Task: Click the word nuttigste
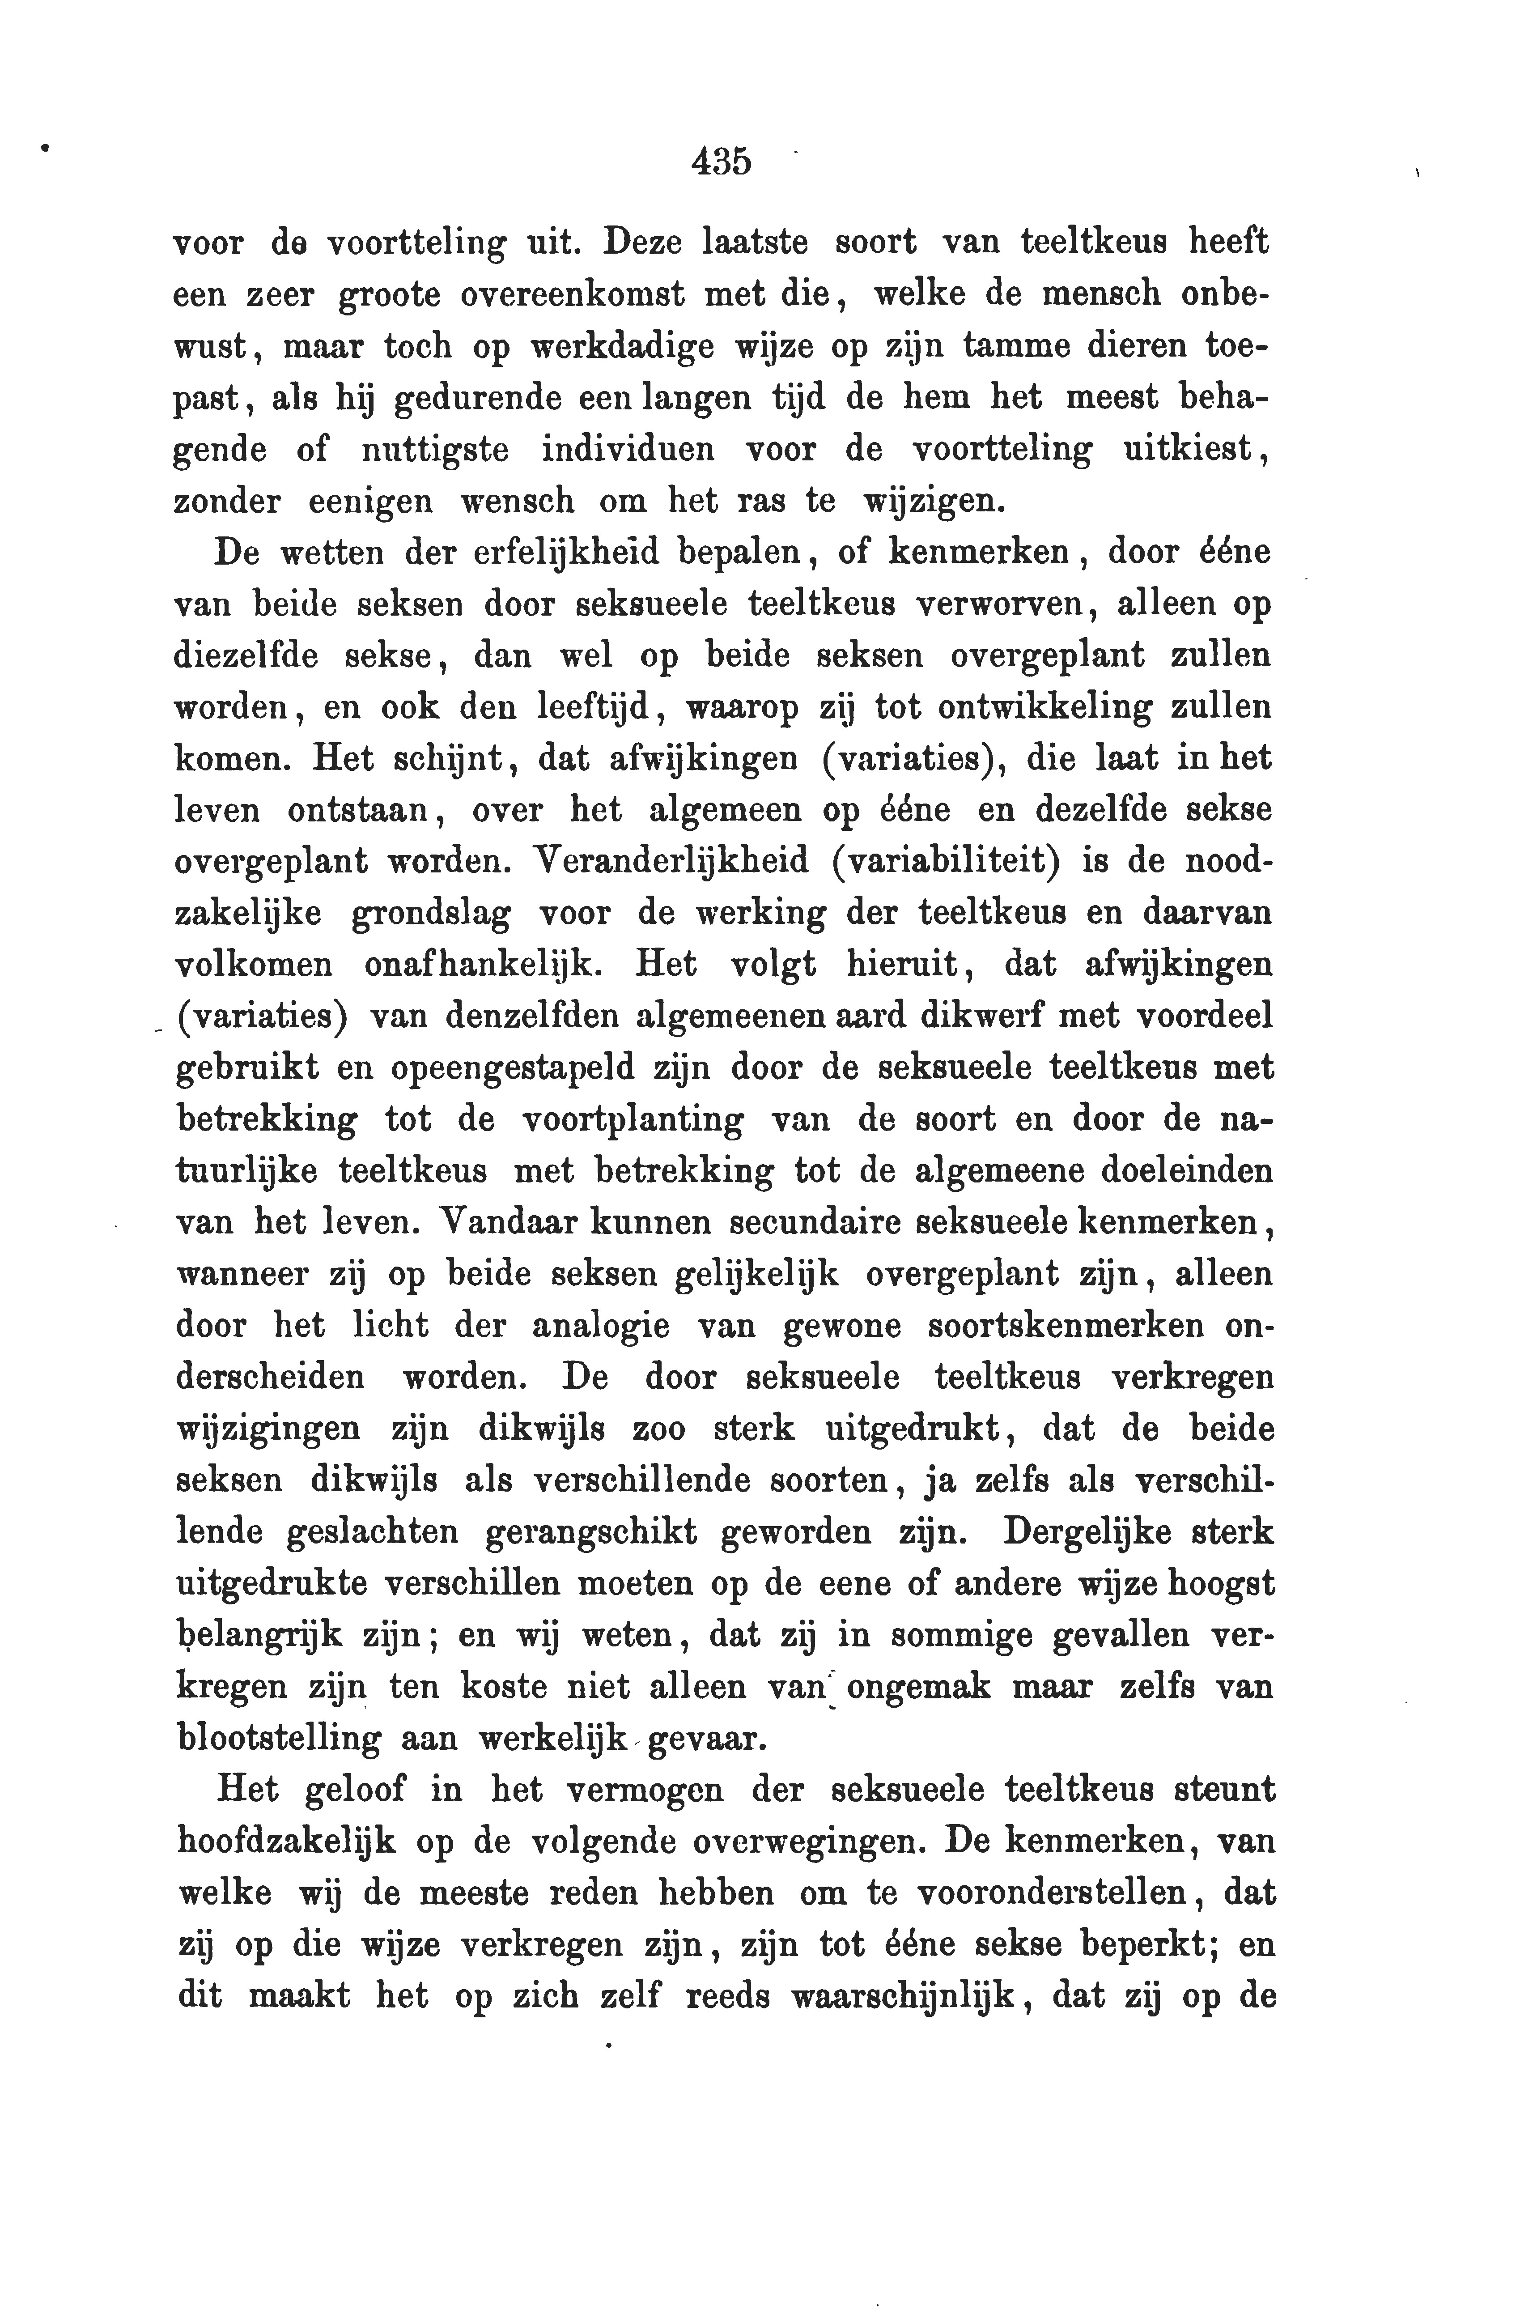(434, 450)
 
